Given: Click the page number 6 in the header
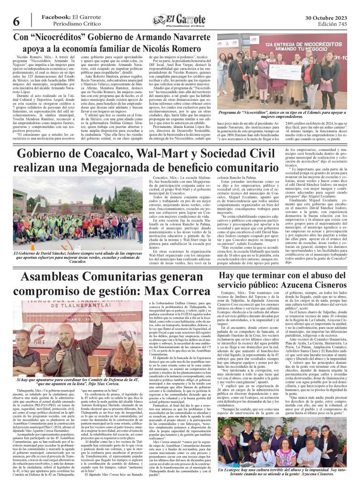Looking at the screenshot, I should (15, 21).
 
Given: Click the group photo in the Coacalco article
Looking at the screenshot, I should (73, 212).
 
